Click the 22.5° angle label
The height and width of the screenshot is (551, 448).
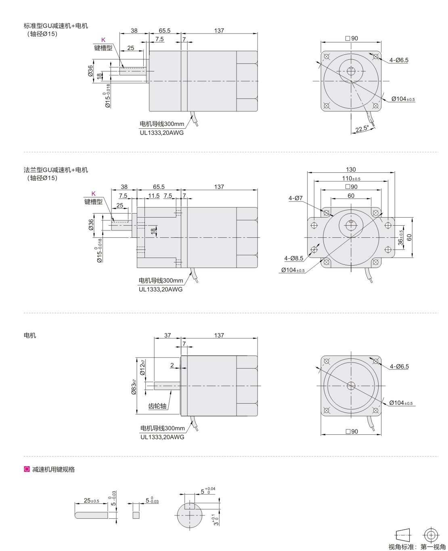coord(362,128)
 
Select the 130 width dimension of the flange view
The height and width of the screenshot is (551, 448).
coord(351,170)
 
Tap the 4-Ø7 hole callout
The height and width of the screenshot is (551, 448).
coord(295,198)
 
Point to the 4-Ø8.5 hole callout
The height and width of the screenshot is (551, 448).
coord(293,258)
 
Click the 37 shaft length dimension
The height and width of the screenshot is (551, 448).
coord(167,335)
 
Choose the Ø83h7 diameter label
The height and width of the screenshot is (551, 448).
coord(134,387)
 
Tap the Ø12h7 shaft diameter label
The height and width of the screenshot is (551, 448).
coord(142,367)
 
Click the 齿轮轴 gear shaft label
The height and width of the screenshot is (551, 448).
coord(157,406)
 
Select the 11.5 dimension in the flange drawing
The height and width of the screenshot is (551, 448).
coord(154,196)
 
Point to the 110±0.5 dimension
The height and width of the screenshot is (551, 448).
coord(351,178)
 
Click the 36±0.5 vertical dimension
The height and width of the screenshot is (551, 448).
coord(400,237)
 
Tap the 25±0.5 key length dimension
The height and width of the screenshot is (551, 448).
coord(91,501)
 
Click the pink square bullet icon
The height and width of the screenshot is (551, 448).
coord(27,469)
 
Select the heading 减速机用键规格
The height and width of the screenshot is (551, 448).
coord(53,469)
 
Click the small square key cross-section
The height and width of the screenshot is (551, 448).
coord(136,515)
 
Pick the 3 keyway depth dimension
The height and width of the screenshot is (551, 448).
coord(216,520)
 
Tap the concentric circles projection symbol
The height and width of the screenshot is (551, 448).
coord(431,535)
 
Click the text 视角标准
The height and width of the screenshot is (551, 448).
coord(401,547)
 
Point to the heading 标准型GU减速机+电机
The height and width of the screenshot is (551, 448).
coord(56,26)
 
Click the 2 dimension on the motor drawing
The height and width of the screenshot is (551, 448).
coord(172,365)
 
